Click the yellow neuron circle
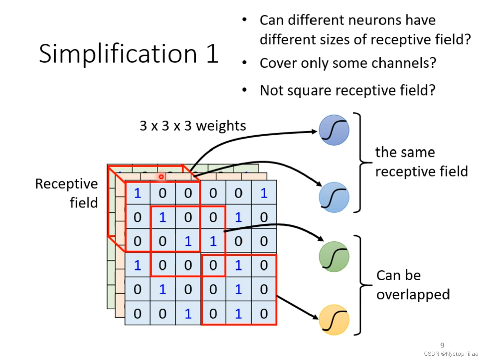point(334,320)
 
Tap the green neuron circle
point(334,256)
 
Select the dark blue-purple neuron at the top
point(334,130)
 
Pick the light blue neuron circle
point(334,197)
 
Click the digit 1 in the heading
point(212,54)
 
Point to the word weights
point(221,126)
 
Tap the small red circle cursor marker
point(161,176)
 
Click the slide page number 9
point(442,345)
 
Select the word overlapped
point(413,295)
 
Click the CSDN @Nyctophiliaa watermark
point(451,354)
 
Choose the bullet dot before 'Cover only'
point(245,63)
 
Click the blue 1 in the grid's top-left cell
point(137,193)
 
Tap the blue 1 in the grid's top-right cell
point(264,193)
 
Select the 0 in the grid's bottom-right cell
point(264,314)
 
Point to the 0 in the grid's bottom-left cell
point(137,314)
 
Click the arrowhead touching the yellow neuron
point(315,317)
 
